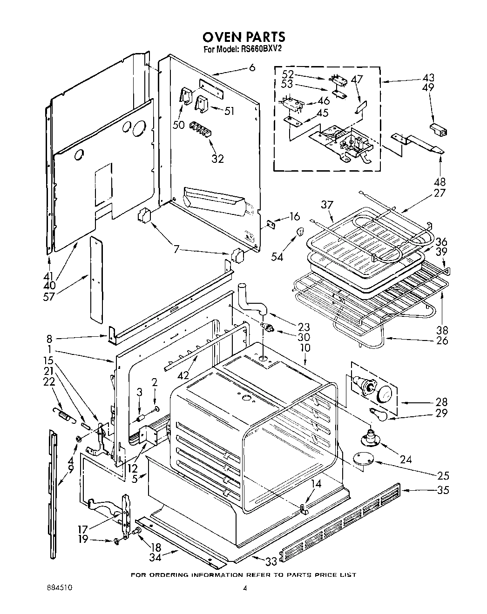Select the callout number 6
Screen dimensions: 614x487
pyautogui.click(x=252, y=67)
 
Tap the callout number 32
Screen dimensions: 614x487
pyautogui.click(x=217, y=158)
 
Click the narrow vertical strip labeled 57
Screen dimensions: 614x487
pyautogui.click(x=95, y=279)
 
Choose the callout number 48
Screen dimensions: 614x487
pyautogui.click(x=440, y=182)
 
